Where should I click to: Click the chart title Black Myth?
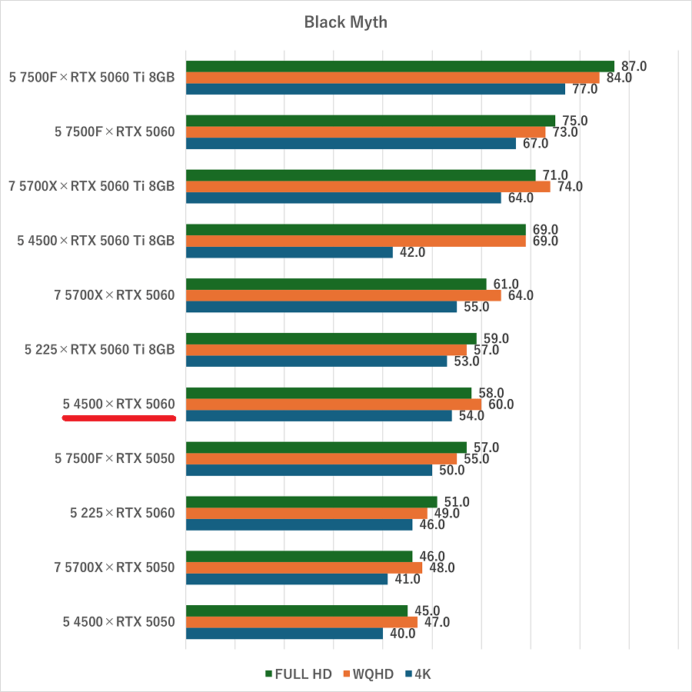[x=345, y=22]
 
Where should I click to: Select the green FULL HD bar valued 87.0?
[x=400, y=66]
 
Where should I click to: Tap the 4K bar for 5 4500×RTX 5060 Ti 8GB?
[x=289, y=252]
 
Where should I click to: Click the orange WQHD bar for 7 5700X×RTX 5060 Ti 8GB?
[x=368, y=186]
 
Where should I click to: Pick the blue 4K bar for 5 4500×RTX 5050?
[x=284, y=634]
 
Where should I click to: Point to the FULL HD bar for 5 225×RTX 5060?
[x=311, y=502]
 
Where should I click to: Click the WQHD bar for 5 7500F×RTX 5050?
[x=321, y=459]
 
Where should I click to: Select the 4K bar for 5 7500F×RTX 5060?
[x=351, y=143]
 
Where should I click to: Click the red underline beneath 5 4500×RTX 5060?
[x=119, y=419]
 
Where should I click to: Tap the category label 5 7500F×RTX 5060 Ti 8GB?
[x=92, y=77]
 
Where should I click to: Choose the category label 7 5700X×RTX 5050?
[x=115, y=567]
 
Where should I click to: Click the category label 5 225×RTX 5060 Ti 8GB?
[x=100, y=350]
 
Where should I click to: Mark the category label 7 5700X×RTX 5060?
[x=115, y=295]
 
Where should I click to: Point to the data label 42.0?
[x=412, y=252]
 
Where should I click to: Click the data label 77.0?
[x=584, y=88]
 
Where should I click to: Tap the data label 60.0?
[x=501, y=404]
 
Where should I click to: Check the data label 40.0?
[x=402, y=634]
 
